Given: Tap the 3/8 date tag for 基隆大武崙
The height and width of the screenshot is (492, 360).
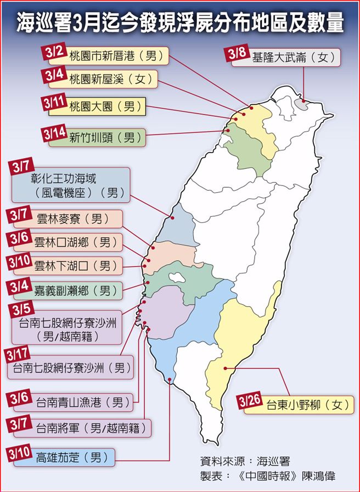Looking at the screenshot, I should (237, 53).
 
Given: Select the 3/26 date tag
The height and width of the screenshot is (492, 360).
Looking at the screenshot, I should (250, 401).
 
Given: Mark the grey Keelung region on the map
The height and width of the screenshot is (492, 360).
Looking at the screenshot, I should (301, 104).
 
